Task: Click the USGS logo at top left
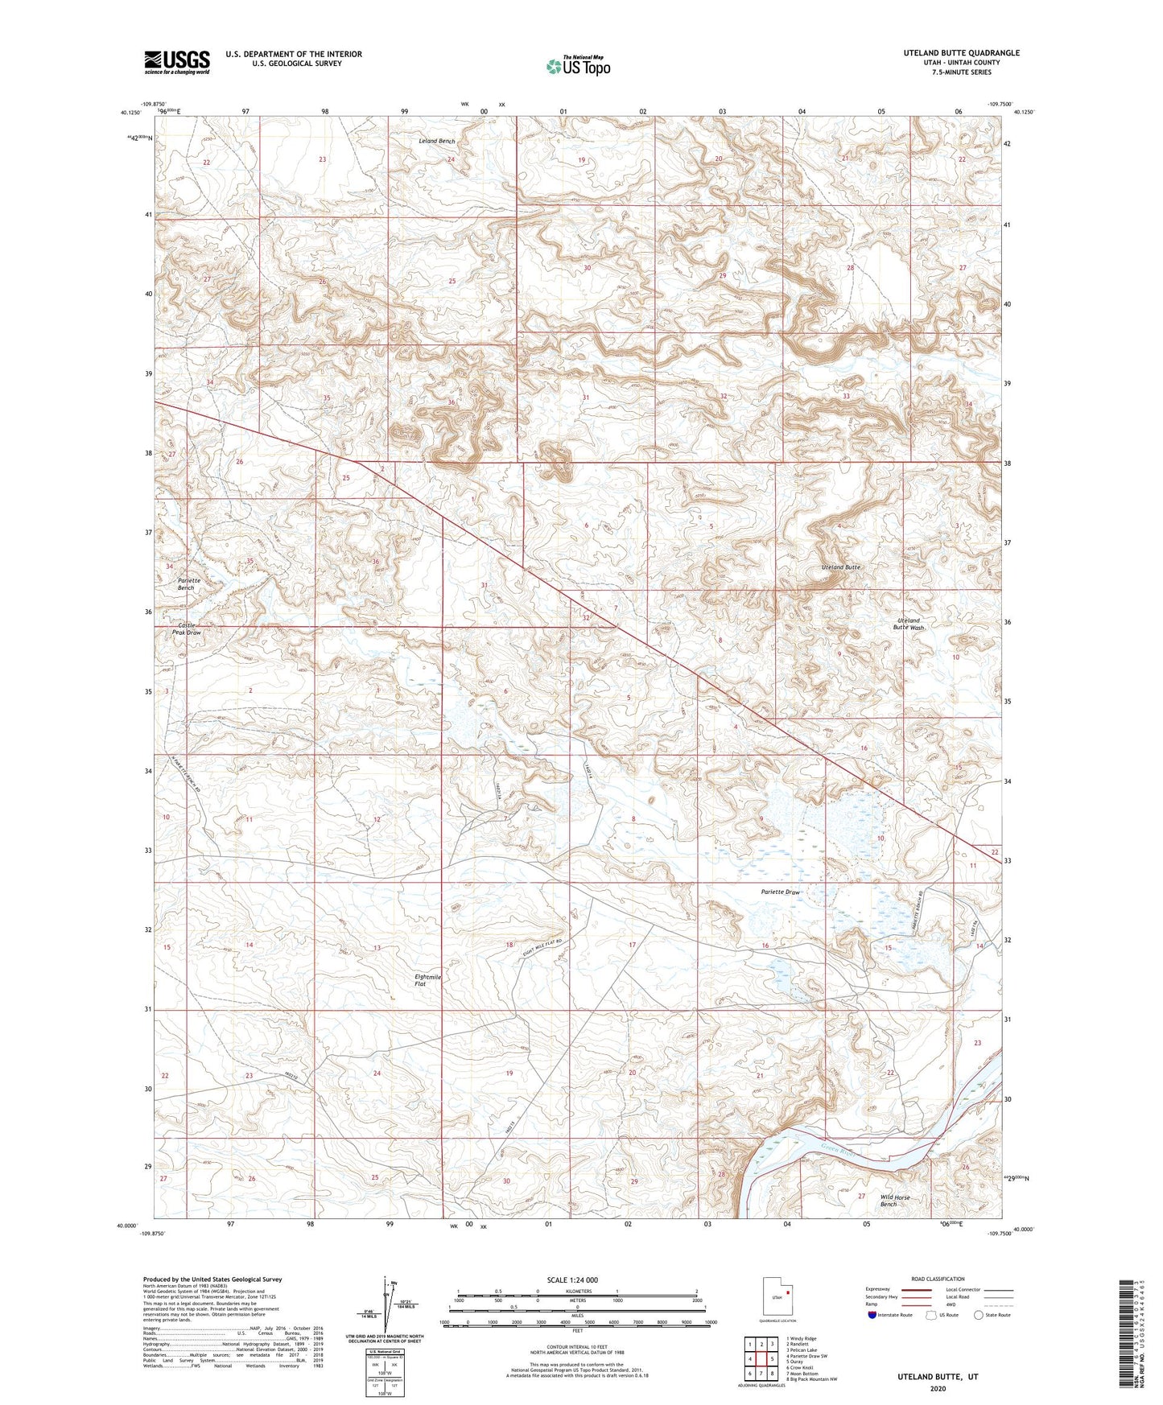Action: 177,61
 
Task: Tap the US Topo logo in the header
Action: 577,65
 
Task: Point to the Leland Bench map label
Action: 437,142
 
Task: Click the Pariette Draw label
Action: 781,892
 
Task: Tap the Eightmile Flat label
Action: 427,980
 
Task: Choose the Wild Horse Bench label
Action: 894,1201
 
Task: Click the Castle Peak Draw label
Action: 186,628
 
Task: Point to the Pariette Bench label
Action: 189,583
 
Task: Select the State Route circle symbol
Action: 979,1315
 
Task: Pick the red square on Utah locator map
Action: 787,1294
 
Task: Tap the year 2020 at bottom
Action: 938,1388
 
